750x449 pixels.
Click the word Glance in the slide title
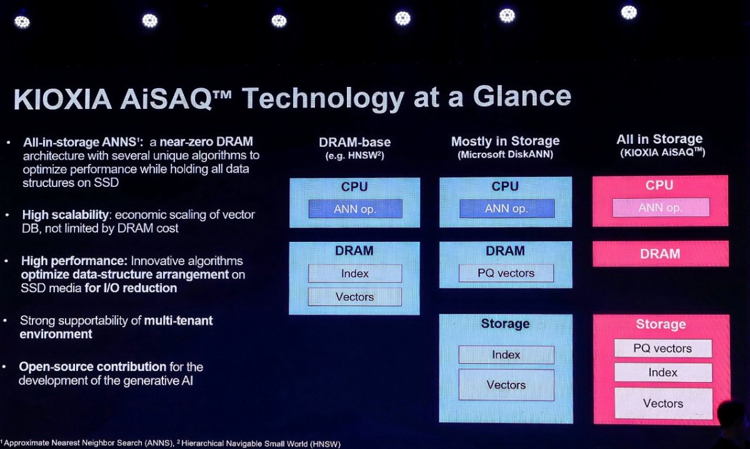tap(522, 97)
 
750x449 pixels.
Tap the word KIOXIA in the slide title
tap(62, 99)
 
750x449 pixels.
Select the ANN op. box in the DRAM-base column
tap(355, 209)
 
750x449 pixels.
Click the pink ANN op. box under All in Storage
tap(661, 208)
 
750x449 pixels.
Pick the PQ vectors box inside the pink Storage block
tap(663, 348)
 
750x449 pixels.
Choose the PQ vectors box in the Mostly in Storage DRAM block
tap(506, 273)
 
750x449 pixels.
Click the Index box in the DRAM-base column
tap(355, 273)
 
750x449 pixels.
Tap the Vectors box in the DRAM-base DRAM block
tap(355, 297)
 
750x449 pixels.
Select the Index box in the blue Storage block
tap(506, 355)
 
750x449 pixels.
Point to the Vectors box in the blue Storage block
tap(506, 385)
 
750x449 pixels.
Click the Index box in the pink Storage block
tap(663, 372)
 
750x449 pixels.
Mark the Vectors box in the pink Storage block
tap(664, 403)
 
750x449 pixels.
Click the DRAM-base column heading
tap(355, 143)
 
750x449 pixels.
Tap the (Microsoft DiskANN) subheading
tap(506, 154)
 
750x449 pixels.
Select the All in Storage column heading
tap(659, 139)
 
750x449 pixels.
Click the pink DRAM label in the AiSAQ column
tap(660, 254)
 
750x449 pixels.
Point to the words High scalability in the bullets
tap(65, 214)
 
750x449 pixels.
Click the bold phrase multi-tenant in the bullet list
tap(178, 321)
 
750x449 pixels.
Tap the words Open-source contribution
tap(92, 367)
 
